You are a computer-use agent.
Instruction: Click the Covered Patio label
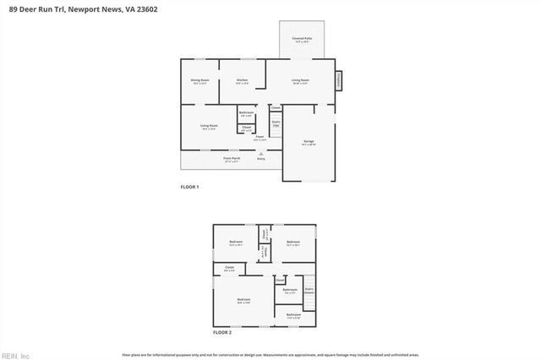303,39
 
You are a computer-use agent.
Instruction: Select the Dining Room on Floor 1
199,82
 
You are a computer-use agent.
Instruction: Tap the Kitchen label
243,82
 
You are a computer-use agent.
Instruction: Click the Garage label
309,143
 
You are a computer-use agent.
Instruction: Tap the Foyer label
260,138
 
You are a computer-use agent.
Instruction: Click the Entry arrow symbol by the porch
260,153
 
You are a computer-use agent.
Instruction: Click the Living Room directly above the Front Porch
207,128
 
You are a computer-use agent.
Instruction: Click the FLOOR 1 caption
189,186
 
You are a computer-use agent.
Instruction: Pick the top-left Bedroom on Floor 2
236,243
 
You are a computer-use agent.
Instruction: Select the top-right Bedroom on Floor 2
293,243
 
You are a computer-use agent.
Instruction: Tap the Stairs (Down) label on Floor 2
309,290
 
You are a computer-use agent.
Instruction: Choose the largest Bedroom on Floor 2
243,301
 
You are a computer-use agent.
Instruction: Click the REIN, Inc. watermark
16,355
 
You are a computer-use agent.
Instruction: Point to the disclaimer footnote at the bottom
270,355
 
